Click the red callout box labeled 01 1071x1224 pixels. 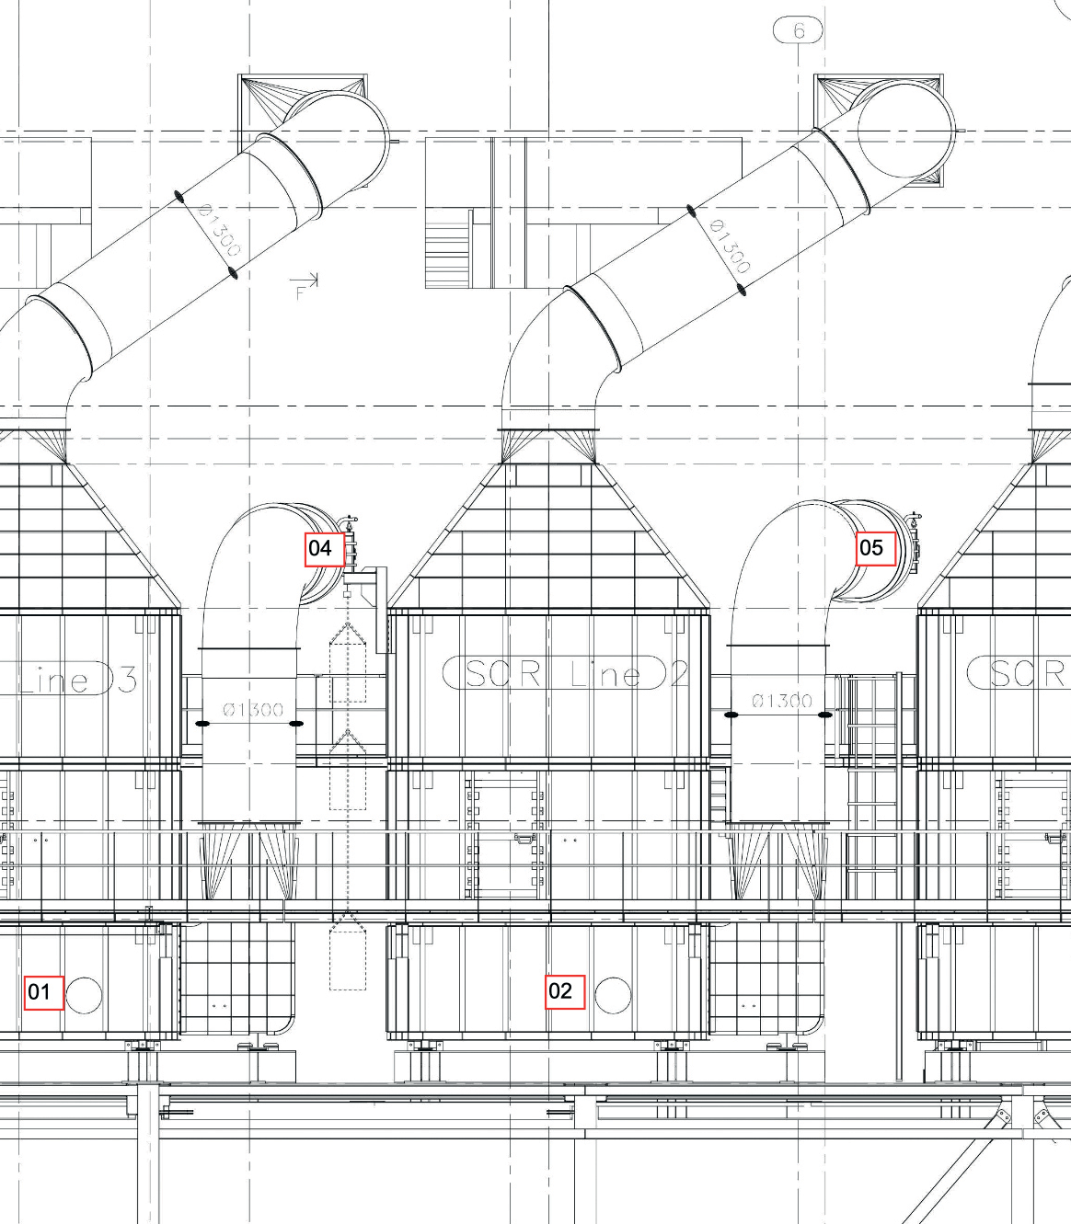point(43,992)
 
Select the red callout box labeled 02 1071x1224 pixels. point(565,992)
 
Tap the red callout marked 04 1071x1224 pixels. point(325,549)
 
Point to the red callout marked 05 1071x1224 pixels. point(876,548)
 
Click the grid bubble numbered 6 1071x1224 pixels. point(798,30)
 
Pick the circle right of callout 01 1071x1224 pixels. point(84,995)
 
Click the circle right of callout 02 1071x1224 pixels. point(614,995)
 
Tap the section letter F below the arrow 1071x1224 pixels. point(300,292)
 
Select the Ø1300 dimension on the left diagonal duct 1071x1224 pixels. point(219,230)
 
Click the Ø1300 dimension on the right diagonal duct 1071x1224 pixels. point(730,246)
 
